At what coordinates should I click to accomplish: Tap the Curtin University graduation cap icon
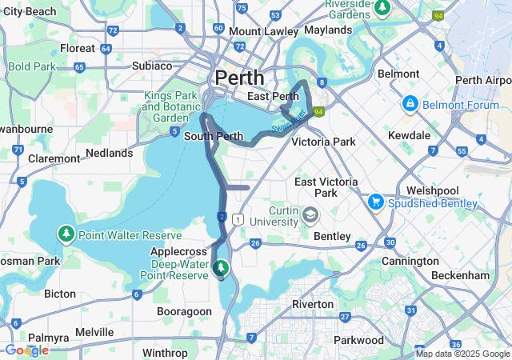coord(310,214)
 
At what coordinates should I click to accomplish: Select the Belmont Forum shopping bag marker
coord(410,103)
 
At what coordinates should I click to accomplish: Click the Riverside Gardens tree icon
coord(382,7)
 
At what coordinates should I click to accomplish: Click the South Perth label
coord(213,136)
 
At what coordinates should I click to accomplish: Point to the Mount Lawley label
coord(260,31)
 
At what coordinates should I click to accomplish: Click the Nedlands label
coord(109,153)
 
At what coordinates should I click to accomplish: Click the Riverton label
coord(313,304)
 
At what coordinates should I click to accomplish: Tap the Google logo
coord(26,350)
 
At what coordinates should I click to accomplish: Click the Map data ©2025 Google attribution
coord(462,354)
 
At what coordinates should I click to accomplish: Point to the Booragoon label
coord(185,310)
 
